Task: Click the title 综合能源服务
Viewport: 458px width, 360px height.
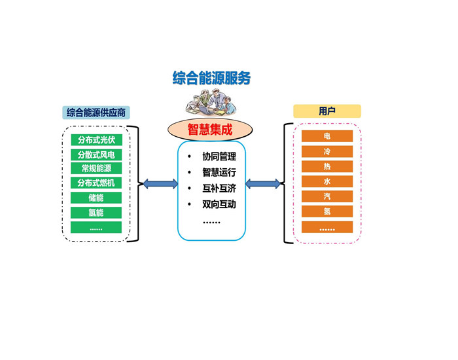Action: pyautogui.click(x=211, y=79)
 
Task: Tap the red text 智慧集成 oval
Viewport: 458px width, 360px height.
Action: pyautogui.click(x=210, y=129)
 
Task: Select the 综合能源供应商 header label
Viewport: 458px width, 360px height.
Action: pyautogui.click(x=96, y=112)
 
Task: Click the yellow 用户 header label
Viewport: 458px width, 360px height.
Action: pyautogui.click(x=326, y=111)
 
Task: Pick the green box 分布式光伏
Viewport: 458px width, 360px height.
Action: pyautogui.click(x=96, y=139)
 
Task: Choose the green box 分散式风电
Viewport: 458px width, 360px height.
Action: pyautogui.click(x=96, y=154)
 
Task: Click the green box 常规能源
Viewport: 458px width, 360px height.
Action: pyautogui.click(x=96, y=169)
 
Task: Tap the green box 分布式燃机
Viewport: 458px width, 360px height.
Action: pyautogui.click(x=96, y=183)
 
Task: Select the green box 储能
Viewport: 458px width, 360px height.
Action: pyautogui.click(x=96, y=198)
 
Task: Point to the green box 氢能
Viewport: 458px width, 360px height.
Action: pyautogui.click(x=96, y=212)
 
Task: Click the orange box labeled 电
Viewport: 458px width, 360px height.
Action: pyautogui.click(x=327, y=136)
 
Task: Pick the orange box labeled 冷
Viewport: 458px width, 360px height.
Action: pyautogui.click(x=327, y=151)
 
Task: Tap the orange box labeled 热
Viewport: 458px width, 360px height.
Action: pyautogui.click(x=327, y=166)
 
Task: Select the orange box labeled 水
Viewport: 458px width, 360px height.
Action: pyautogui.click(x=327, y=181)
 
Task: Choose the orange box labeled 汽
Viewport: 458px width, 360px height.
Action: pyautogui.click(x=327, y=196)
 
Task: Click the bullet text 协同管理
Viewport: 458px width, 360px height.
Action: pyautogui.click(x=219, y=157)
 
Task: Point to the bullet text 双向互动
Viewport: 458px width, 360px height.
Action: pyautogui.click(x=219, y=204)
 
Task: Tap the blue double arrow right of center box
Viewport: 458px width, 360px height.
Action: pyautogui.click(x=263, y=184)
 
